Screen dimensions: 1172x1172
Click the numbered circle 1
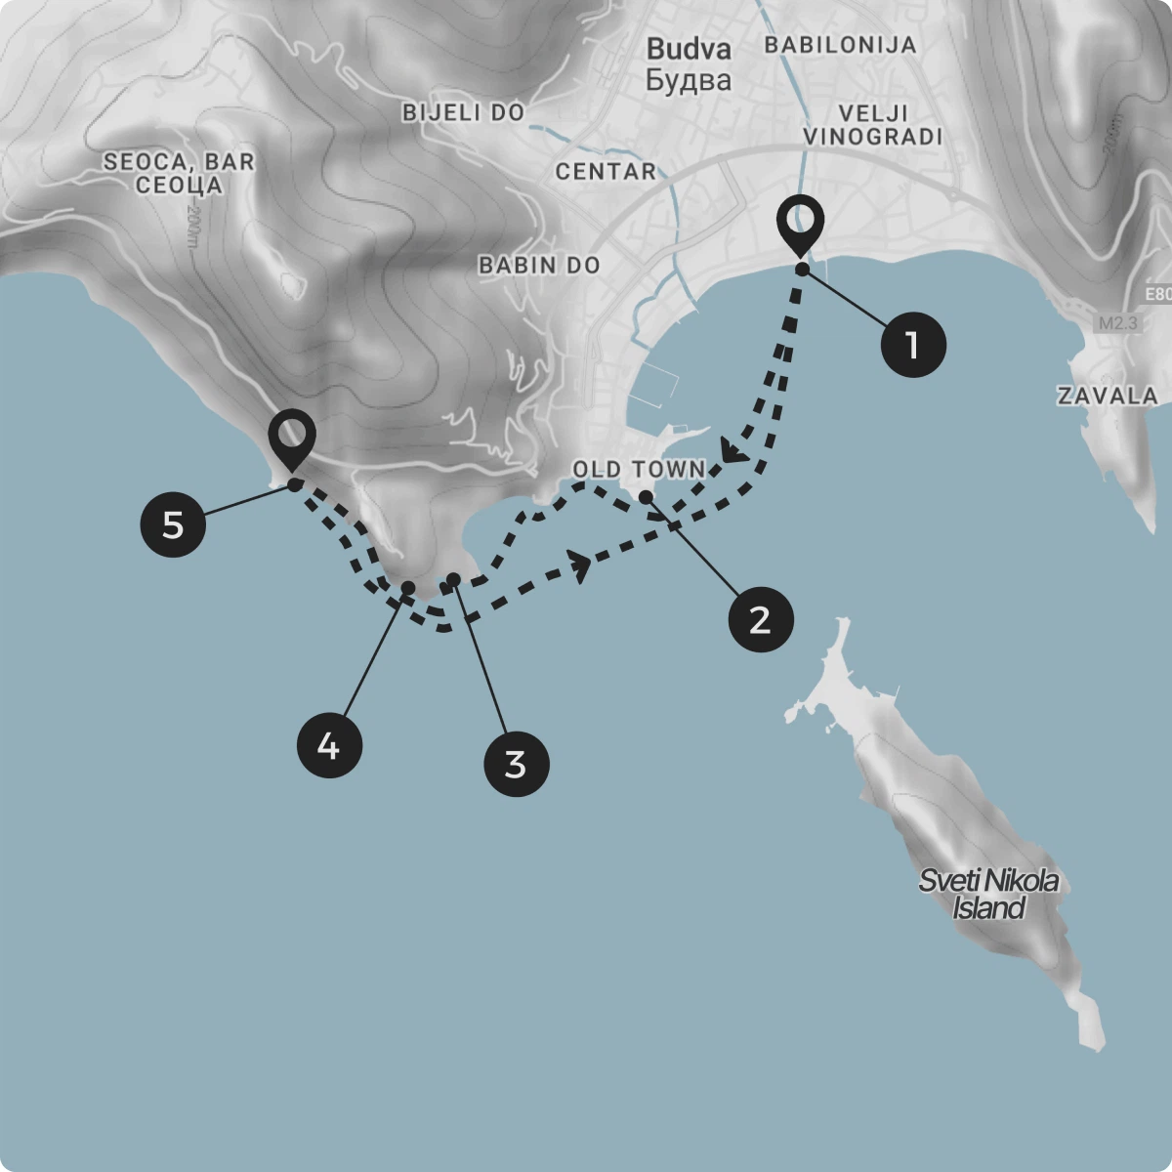(x=913, y=344)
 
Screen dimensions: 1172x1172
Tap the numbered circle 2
(x=760, y=619)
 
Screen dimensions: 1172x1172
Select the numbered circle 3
(x=517, y=764)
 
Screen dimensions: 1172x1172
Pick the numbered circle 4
(x=329, y=746)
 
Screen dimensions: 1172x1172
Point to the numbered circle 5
(x=173, y=525)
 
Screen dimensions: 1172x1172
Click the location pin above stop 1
(x=801, y=224)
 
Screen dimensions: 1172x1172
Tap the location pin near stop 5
(x=292, y=438)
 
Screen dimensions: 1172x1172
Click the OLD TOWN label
(x=639, y=470)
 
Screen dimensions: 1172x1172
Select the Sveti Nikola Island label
(x=988, y=894)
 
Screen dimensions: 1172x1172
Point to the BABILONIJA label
(x=840, y=45)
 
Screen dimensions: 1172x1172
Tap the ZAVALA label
(x=1108, y=396)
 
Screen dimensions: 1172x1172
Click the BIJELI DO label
(x=464, y=113)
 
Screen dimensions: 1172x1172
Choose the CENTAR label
(x=606, y=172)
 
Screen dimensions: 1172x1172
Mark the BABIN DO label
(x=539, y=265)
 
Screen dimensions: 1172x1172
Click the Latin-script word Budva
(x=689, y=49)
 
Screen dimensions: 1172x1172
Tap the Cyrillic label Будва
(x=689, y=80)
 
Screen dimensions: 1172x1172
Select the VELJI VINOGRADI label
(x=873, y=125)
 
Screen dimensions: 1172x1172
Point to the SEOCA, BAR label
(x=179, y=162)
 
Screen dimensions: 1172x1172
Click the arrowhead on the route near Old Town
(x=732, y=451)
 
